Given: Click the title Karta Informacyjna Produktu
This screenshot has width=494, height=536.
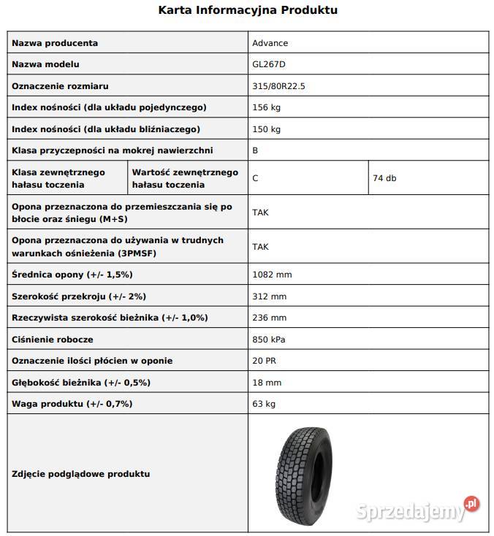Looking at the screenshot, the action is [x=248, y=10].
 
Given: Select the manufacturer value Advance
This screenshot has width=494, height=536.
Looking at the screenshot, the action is [x=270, y=43].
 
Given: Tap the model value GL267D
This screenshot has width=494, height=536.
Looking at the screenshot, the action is [x=269, y=65].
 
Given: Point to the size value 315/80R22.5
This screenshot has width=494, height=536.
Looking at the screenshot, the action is [x=278, y=86].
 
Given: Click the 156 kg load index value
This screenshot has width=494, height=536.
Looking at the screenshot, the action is [x=266, y=107].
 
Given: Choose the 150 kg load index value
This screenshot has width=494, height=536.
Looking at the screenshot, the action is [x=266, y=129].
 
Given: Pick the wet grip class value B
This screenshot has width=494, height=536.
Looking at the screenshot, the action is [x=255, y=150].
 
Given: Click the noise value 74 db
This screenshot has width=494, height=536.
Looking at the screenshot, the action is [x=384, y=178].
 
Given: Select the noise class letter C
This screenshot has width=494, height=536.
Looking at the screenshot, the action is [x=255, y=178].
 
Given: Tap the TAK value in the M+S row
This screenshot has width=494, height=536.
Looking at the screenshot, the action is [x=260, y=213].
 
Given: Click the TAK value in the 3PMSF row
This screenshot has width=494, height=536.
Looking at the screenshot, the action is [x=260, y=247].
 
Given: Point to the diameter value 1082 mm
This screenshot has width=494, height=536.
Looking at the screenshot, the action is [x=272, y=275].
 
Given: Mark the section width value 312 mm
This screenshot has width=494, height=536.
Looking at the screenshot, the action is [x=269, y=296].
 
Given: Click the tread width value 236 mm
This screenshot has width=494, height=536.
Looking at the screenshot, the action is [x=269, y=318].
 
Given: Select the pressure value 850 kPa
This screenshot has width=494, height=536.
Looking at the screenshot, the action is [x=270, y=340].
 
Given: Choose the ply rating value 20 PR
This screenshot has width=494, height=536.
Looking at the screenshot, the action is [x=264, y=361].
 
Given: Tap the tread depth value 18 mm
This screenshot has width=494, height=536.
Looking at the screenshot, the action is [x=267, y=383].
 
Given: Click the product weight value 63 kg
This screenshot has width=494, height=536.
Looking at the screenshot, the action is [x=264, y=404].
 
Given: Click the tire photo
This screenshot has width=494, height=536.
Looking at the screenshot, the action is [x=302, y=473].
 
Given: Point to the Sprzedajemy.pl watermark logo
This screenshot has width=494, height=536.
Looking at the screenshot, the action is [x=417, y=510].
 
